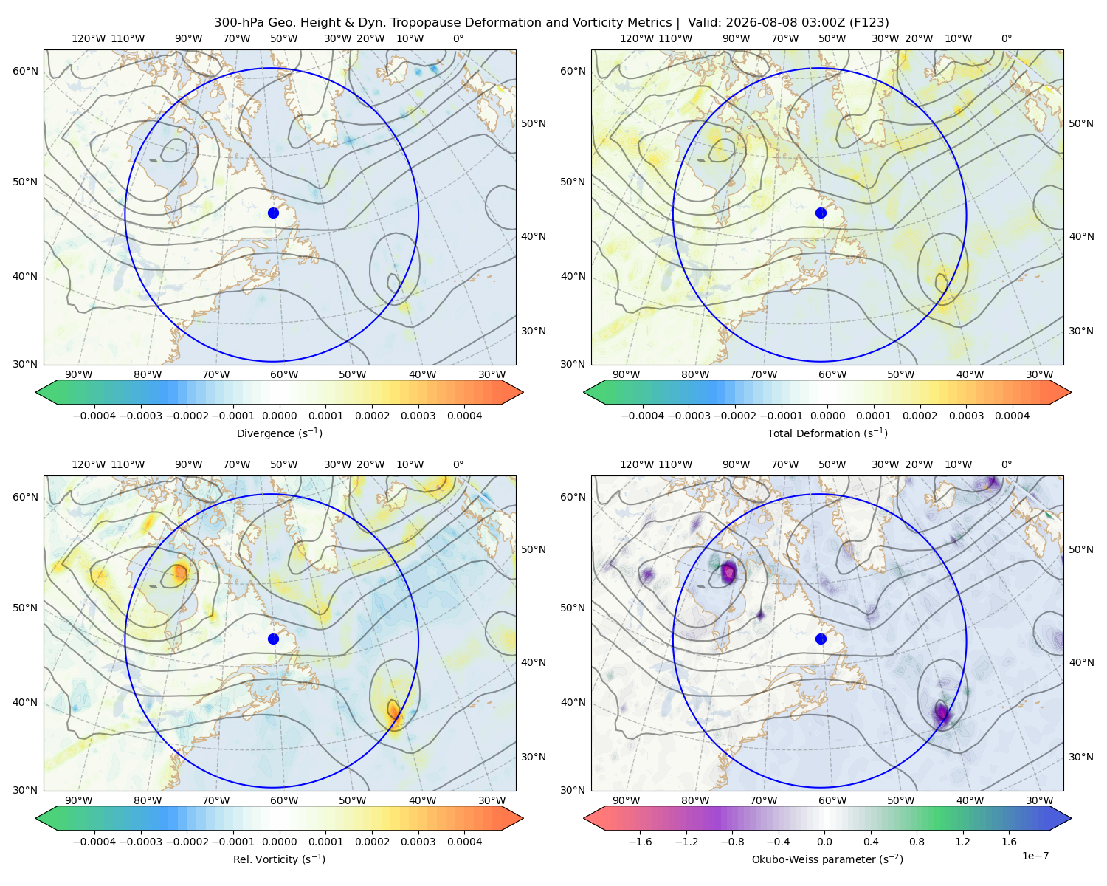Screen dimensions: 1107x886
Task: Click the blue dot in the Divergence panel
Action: click(273, 213)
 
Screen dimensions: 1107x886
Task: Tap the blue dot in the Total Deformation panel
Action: click(821, 213)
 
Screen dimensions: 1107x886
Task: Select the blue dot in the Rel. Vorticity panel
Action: click(273, 639)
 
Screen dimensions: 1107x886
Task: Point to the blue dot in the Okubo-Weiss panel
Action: click(821, 639)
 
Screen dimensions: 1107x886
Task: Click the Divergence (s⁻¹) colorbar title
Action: click(279, 433)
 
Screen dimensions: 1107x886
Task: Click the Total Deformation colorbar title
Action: click(827, 433)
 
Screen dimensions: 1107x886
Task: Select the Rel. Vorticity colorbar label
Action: click(279, 859)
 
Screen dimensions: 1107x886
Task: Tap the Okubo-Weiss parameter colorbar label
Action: click(827, 859)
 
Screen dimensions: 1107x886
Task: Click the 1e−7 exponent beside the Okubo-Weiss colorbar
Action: click(1035, 856)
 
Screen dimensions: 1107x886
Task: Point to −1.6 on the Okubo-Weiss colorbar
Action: click(641, 842)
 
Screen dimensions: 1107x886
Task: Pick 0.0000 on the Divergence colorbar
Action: click(279, 416)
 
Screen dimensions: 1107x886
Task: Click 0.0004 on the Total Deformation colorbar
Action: click(1013, 416)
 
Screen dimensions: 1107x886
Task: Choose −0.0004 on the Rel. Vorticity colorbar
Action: click(94, 842)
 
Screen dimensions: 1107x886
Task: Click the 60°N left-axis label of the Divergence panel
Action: click(25, 71)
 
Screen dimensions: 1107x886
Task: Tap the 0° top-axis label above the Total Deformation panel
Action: click(1007, 38)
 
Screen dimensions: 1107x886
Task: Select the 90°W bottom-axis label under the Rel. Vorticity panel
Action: click(79, 800)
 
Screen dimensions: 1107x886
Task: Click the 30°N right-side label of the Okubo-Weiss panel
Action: click(1081, 757)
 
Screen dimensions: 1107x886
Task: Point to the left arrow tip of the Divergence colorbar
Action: click(35, 392)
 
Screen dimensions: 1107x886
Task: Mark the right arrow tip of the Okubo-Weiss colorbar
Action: click(1072, 818)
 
